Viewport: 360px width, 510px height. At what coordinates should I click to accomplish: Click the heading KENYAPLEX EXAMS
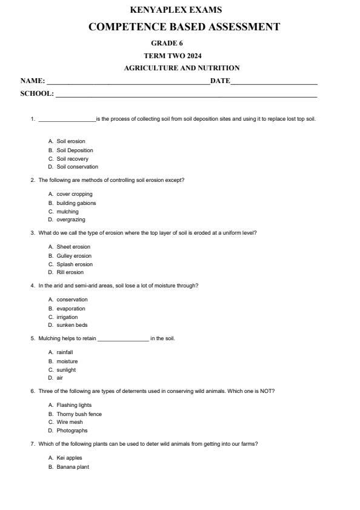point(176,10)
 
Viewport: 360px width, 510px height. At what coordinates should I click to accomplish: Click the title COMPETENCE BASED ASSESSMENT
point(184,27)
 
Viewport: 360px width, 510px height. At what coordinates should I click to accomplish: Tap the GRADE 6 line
point(167,43)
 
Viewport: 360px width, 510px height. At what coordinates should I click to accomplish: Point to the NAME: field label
point(33,81)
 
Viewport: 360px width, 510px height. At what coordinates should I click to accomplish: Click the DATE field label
point(220,81)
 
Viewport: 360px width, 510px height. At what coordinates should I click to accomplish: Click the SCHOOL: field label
point(37,94)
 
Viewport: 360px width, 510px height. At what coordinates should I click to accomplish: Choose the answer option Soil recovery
point(72,159)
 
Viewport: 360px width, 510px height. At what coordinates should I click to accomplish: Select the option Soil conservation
point(77,167)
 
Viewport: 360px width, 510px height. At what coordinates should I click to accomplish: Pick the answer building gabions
point(76,203)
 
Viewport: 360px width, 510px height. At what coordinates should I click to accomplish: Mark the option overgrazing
point(71,220)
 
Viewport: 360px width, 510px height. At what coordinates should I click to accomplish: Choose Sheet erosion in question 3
point(73,247)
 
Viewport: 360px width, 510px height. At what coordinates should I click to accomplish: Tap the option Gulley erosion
point(74,256)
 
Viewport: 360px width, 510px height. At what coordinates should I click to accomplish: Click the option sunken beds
point(72,325)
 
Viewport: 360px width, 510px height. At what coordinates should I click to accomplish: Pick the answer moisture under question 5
point(67,361)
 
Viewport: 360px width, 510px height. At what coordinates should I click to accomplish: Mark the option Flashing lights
point(74,405)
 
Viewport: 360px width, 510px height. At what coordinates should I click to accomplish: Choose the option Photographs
point(72,431)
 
